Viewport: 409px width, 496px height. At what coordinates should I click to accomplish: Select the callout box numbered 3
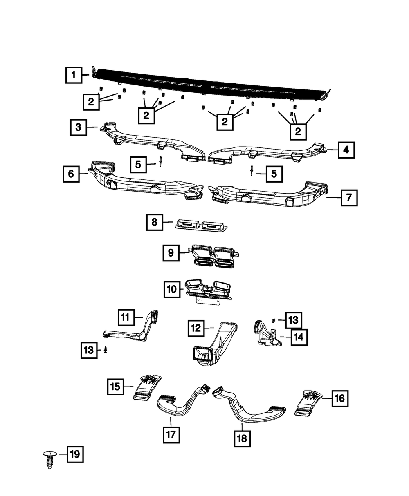78,127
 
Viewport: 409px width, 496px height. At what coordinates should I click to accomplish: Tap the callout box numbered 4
346,150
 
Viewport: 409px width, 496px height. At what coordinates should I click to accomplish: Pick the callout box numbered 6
71,174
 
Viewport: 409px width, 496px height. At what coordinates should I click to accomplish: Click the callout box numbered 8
155,222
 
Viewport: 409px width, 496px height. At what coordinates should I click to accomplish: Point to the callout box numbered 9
171,253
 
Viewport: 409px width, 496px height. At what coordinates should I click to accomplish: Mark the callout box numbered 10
172,290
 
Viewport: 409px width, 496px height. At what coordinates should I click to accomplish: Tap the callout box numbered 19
75,454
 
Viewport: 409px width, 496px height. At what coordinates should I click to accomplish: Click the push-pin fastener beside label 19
49,460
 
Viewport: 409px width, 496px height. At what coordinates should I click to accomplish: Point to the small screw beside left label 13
106,350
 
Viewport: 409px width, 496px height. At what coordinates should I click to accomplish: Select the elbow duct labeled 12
215,343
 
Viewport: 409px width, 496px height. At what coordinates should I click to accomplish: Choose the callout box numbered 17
171,435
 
